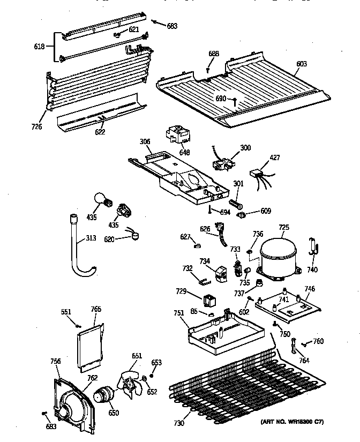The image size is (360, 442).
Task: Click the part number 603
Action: click(302, 64)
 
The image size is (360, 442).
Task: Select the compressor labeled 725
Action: click(278, 254)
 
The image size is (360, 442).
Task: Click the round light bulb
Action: click(102, 200)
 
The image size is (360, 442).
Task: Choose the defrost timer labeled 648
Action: click(176, 133)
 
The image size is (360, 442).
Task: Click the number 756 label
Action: click(55, 361)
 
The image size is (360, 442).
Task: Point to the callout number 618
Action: click(40, 46)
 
